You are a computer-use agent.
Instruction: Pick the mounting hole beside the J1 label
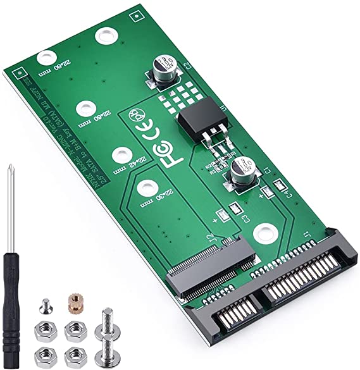(264, 236)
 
